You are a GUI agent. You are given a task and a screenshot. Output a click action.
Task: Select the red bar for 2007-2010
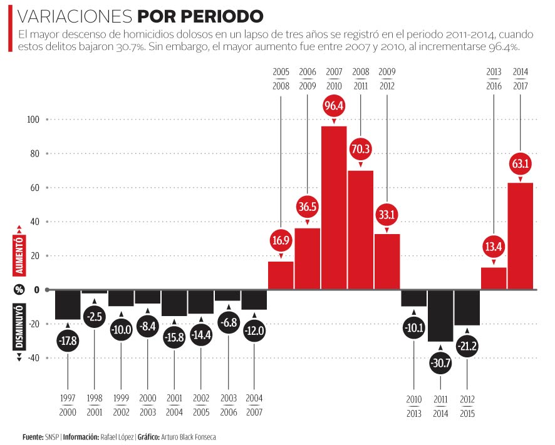[x=334, y=207]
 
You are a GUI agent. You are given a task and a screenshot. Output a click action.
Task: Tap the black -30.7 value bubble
[x=440, y=364]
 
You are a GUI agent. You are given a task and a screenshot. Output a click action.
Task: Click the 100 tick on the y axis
[x=33, y=120]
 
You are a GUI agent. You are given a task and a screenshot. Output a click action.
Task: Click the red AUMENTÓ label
[x=19, y=256]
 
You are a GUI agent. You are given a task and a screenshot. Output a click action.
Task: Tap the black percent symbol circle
[x=19, y=290]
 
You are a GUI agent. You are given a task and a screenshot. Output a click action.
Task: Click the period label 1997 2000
[x=68, y=406]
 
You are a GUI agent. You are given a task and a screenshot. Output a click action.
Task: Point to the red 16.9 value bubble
[x=281, y=240]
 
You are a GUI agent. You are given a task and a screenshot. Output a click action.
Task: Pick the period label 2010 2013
[x=414, y=406]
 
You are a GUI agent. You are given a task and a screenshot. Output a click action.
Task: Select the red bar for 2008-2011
[x=361, y=230]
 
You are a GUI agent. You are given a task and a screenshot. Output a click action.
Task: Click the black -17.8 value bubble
[x=68, y=342]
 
